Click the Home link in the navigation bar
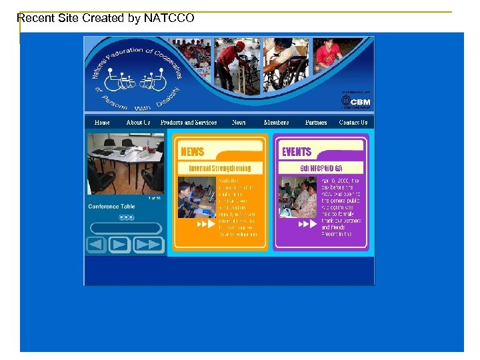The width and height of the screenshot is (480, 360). (102, 123)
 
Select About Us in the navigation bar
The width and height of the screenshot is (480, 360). (138, 123)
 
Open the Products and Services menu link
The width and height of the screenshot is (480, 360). (189, 123)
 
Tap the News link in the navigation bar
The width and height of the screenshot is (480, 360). (239, 123)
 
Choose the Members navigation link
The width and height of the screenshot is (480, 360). (276, 123)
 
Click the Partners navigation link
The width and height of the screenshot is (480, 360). (316, 123)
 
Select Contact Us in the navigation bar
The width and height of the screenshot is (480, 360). (353, 123)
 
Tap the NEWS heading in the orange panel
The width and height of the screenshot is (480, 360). (193, 152)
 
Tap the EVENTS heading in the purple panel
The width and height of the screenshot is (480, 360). (297, 152)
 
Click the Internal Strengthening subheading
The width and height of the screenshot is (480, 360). (219, 169)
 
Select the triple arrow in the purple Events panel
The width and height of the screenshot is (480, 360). (307, 225)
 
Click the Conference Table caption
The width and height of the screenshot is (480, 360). (111, 207)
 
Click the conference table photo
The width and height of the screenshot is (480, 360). (125, 164)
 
